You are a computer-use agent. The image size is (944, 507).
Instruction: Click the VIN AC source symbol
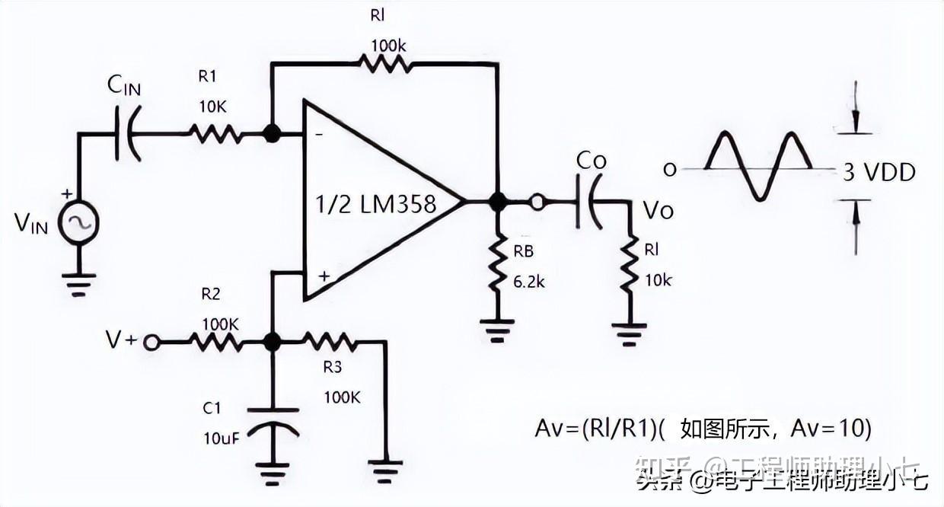click(x=78, y=223)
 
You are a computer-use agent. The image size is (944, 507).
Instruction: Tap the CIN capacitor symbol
click(x=128, y=135)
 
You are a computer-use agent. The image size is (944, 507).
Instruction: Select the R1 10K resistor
click(x=215, y=135)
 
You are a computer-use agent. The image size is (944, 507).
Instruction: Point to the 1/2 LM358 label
click(x=376, y=204)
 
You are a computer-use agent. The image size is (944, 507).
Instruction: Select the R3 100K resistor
click(x=328, y=343)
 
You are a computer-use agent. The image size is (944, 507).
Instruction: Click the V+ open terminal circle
click(x=152, y=343)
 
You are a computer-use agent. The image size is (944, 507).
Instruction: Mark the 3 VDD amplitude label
click(x=879, y=172)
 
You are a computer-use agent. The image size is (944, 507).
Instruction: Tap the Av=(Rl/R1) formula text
click(x=598, y=428)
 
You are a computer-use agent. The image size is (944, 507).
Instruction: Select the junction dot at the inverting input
click(x=270, y=135)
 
